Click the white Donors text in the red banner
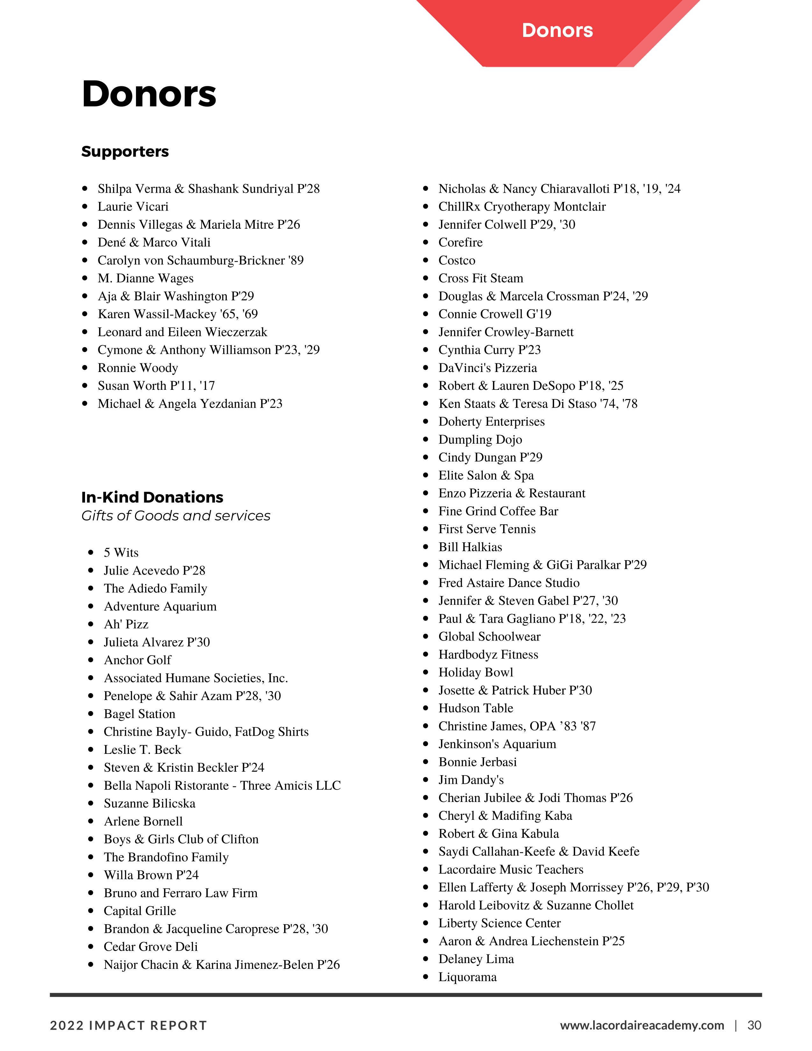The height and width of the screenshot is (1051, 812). coord(557,30)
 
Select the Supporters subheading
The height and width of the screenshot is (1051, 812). coord(125,152)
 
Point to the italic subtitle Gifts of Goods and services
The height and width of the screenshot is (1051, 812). coord(175,515)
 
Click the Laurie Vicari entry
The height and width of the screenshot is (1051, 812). coord(133,206)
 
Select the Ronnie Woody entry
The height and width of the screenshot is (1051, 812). coord(138,368)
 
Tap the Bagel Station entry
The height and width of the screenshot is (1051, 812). coord(139,714)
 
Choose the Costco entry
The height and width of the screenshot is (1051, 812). coord(457,260)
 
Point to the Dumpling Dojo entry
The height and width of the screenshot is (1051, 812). coord(480,440)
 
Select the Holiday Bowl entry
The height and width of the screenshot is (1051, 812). coord(476,672)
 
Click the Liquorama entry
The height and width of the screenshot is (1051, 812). coord(467,977)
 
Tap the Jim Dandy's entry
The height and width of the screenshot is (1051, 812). coord(471,780)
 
